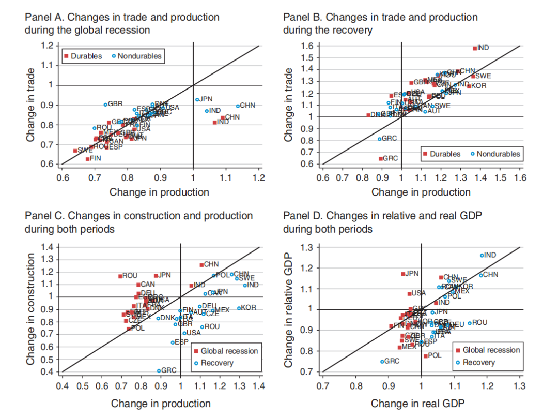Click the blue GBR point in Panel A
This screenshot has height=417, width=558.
105,104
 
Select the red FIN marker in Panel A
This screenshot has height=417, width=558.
87,159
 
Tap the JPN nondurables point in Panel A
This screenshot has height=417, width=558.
197,99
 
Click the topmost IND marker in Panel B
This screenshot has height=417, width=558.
475,48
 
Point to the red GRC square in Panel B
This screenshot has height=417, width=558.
381,159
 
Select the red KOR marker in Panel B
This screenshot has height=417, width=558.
469,86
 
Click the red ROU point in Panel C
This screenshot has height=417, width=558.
120,276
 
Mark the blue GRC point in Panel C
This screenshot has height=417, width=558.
159,370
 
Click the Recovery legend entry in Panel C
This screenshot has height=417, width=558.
217,363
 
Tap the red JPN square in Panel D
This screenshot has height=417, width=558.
403,274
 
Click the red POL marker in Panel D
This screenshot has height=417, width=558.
426,356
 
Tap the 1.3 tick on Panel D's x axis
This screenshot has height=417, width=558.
519,385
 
